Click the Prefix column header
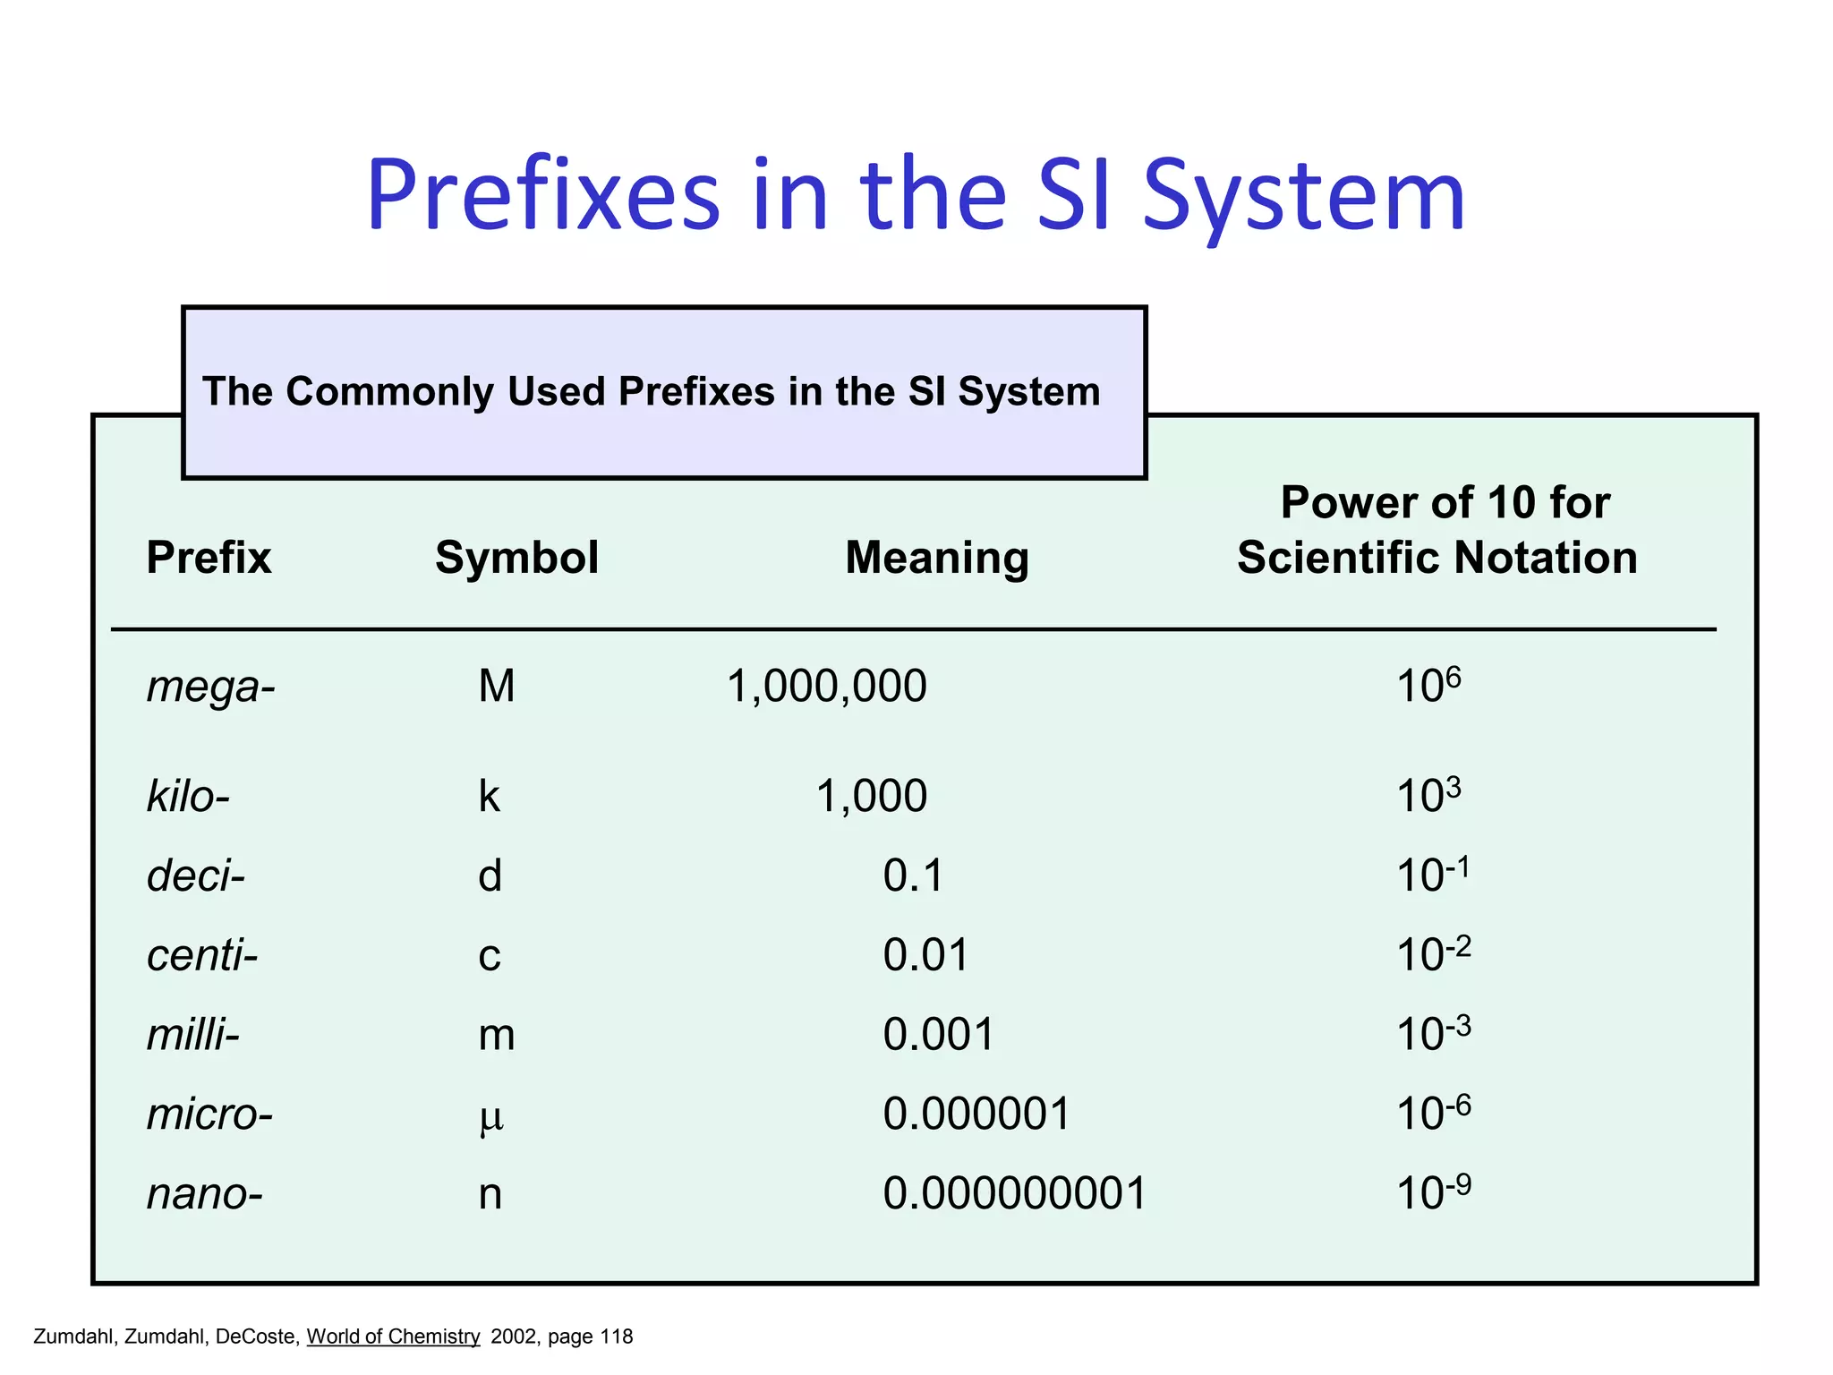(209, 558)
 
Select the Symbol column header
(516, 558)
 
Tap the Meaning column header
(937, 558)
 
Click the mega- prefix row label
(211, 687)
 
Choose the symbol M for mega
(497, 687)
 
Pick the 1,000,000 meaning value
(826, 687)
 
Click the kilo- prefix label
(188, 796)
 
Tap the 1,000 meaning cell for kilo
(871, 796)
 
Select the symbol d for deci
(490, 875)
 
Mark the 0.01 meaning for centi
(925, 954)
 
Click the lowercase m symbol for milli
(497, 1035)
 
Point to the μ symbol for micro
(491, 1116)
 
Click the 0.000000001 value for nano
(1014, 1193)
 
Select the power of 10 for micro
(1433, 1113)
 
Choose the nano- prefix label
(205, 1194)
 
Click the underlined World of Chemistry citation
(393, 1337)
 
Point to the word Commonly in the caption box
(389, 391)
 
